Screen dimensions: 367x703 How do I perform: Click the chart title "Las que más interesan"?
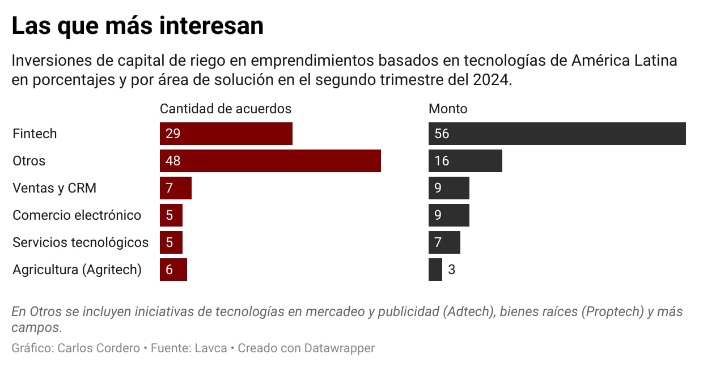coord(137,26)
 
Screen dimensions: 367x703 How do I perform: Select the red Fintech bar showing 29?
coord(226,134)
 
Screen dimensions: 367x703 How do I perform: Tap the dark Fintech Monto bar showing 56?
coord(557,134)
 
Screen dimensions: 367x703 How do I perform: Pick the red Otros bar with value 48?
coord(270,161)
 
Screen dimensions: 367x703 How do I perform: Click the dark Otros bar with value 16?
coord(465,161)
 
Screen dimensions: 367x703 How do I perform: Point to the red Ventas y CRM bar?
coord(176,188)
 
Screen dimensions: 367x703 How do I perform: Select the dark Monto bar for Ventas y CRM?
coord(448,188)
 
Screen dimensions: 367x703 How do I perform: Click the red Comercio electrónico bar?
coord(171,215)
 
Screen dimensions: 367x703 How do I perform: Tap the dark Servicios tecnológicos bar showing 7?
coord(444,242)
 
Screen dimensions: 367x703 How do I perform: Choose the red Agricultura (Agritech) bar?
coord(173,270)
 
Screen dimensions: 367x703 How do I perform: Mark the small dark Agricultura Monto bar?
coord(435,270)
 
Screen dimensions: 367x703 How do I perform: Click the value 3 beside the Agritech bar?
coord(452,270)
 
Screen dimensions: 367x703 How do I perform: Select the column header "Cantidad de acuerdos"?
coord(226,109)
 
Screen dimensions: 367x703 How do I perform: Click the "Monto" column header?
coord(448,109)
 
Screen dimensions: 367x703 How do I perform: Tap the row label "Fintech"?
coord(35,134)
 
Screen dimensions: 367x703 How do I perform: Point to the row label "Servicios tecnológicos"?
coord(81,242)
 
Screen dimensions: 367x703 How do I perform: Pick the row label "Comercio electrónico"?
coord(77,215)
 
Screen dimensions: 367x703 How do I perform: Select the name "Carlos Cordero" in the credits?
coord(99,348)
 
